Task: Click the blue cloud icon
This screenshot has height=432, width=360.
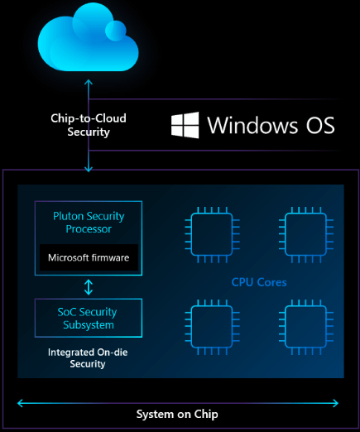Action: (x=88, y=39)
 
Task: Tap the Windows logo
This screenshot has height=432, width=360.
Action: (x=185, y=125)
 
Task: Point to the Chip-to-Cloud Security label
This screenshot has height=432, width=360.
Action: (x=89, y=125)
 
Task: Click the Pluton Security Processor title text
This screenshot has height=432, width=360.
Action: (x=89, y=223)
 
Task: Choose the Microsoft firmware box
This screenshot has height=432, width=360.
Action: (x=89, y=257)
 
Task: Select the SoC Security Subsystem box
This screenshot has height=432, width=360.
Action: (x=89, y=318)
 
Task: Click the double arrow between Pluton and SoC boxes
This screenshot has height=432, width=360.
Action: (x=89, y=287)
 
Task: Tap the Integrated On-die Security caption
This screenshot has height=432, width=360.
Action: (x=88, y=358)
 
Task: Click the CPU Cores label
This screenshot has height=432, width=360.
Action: (x=259, y=282)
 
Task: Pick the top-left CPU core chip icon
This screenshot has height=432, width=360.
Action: (x=212, y=234)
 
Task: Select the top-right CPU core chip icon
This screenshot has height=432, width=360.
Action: (x=306, y=234)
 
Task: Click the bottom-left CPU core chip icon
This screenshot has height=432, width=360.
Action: (x=212, y=327)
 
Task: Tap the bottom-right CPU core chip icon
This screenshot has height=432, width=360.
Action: (x=306, y=327)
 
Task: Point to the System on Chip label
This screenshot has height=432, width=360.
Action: (x=177, y=414)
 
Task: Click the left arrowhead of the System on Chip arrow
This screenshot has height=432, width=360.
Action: (x=19, y=403)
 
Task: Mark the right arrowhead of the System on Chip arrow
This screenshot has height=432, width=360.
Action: (x=336, y=403)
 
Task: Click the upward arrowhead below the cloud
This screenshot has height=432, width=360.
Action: (x=89, y=82)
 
